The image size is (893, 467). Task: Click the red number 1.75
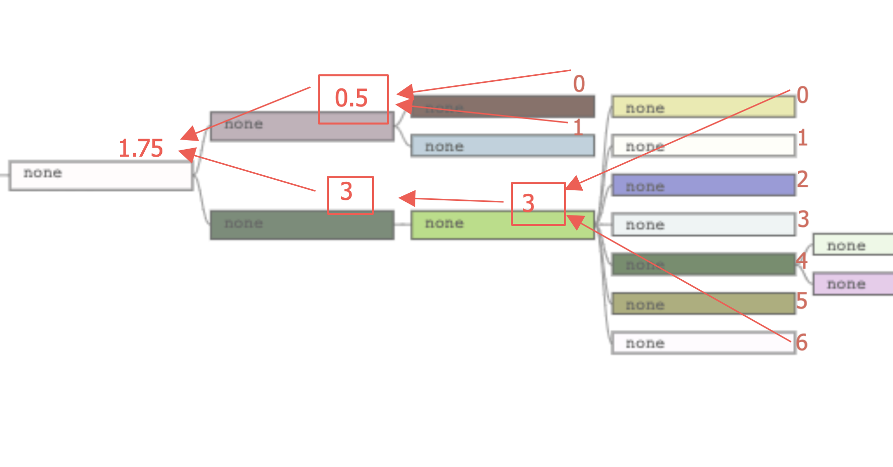[141, 149]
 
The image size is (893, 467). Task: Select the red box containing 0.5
[353, 99]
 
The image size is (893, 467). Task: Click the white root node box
[101, 175]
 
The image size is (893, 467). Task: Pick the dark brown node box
[503, 106]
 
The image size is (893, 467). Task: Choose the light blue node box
[502, 146]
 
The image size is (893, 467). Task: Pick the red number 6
[801, 343]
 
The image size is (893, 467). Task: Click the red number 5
[801, 301]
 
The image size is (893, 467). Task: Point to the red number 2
[802, 179]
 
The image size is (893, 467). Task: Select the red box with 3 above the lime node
[538, 203]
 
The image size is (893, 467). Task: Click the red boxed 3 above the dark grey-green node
[350, 194]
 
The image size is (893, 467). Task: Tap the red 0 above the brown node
[579, 84]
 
